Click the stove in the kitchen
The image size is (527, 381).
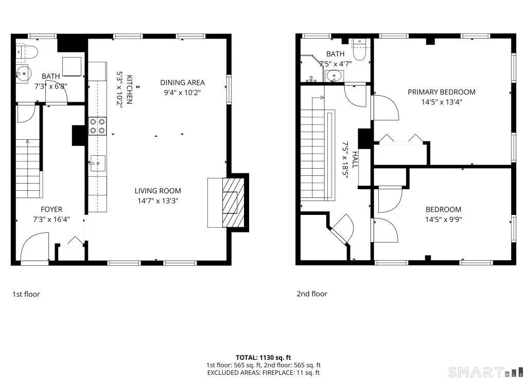pos(97,126)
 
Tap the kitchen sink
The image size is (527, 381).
pos(98,164)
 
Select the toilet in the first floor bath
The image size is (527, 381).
pos(27,52)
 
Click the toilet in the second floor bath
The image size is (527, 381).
pos(359,50)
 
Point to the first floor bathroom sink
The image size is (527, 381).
pos(24,74)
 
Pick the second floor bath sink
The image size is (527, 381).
pos(334,76)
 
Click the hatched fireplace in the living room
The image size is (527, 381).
pos(233,203)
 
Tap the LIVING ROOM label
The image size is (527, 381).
pos(157,191)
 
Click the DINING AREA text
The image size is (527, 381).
pos(182,83)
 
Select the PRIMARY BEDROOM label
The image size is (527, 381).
pos(441,92)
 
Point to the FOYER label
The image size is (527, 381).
pos(51,209)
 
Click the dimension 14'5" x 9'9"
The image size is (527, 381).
pos(443,220)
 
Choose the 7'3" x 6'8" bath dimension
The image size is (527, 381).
pos(51,86)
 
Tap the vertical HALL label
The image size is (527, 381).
pos(355,160)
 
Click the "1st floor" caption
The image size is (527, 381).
pos(26,294)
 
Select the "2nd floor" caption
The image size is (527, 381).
pos(311,294)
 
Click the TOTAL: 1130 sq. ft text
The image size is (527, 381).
pos(263,357)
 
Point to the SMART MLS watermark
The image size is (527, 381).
pos(486,372)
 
